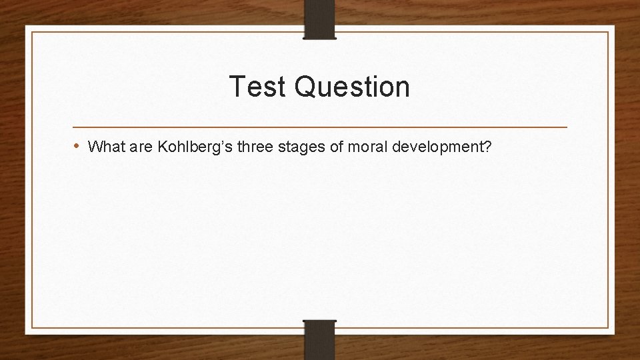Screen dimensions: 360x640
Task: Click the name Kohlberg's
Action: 193,147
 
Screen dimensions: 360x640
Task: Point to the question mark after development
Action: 488,146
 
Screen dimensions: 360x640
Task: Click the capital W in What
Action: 95,146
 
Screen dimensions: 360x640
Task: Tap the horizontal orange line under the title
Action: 319,127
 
